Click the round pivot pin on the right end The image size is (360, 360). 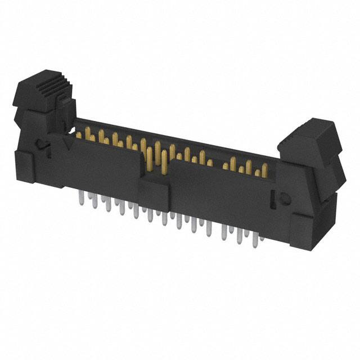pos(284,198)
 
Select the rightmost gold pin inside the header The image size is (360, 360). pos(263,169)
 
